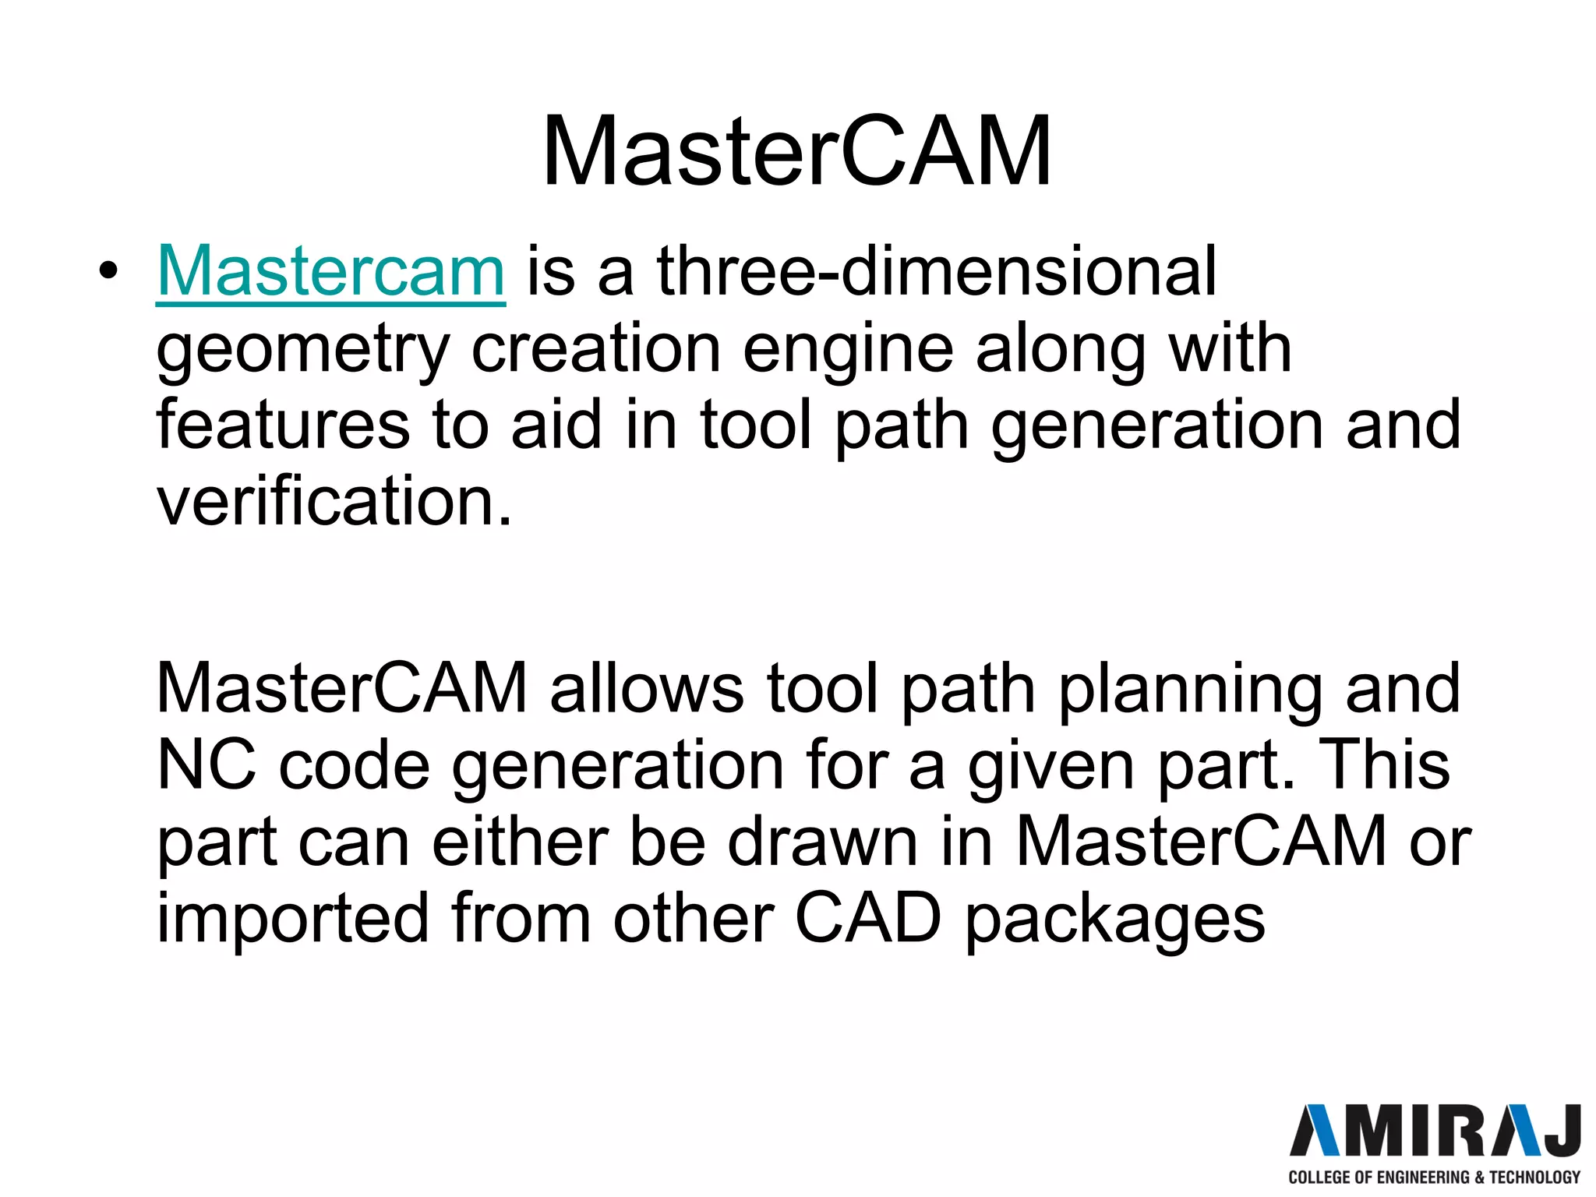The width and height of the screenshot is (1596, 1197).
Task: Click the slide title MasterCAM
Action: tap(796, 151)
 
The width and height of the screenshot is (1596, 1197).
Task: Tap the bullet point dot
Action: tap(108, 272)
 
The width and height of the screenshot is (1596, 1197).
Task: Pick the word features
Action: tap(283, 425)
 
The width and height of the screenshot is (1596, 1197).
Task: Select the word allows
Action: tap(647, 688)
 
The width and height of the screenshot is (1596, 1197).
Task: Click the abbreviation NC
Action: tap(206, 765)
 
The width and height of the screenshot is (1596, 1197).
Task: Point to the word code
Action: tap(355, 765)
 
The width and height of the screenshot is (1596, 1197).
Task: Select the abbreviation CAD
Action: tap(868, 918)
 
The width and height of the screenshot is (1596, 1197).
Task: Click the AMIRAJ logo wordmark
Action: tap(1435, 1131)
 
